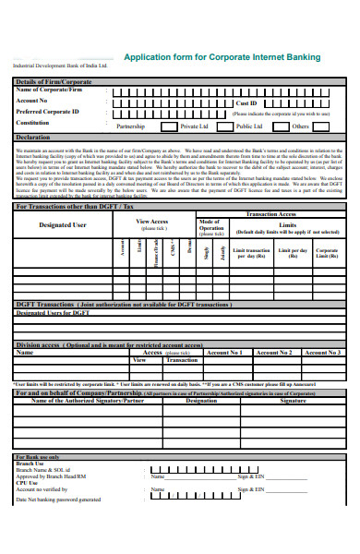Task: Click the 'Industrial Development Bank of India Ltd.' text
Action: [59, 66]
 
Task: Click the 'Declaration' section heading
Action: [33, 137]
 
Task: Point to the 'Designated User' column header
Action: [63, 224]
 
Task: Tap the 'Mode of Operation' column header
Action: [210, 226]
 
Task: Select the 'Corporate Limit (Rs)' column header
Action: [327, 252]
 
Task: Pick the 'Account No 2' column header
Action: [273, 352]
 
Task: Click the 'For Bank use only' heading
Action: [37, 457]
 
